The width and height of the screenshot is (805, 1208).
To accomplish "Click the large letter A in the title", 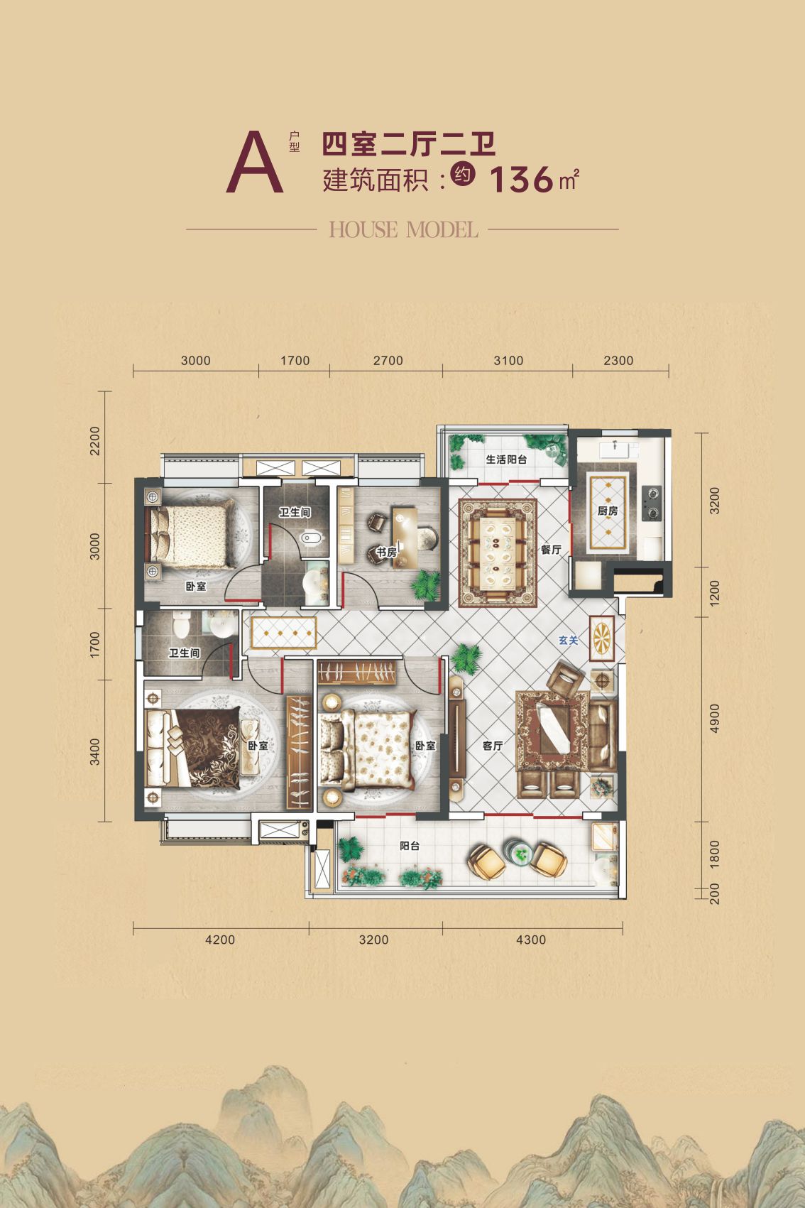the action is (255, 162).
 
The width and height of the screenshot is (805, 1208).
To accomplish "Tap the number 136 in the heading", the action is (521, 180).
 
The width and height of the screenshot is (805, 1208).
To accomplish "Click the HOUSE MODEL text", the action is (403, 229).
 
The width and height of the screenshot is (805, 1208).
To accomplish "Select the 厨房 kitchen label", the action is (608, 511).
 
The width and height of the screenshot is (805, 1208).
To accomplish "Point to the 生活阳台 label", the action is (506, 459).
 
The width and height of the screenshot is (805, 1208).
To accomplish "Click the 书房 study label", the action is (386, 553).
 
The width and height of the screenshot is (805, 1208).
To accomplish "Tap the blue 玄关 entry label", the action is (569, 640).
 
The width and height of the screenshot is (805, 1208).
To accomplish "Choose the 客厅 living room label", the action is (493, 745).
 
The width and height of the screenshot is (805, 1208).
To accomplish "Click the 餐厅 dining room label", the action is (551, 550).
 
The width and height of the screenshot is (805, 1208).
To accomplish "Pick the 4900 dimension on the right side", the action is (715, 718).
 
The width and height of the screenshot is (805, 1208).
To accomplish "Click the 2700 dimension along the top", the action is (388, 361).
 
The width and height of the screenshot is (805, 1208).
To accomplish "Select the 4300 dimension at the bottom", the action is (531, 940).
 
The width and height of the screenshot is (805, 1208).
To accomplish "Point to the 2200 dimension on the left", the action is (95, 440).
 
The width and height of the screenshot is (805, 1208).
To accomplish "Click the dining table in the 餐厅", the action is (498, 553).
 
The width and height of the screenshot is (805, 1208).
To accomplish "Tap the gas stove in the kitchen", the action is (652, 503).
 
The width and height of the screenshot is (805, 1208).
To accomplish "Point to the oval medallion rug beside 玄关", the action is (602, 638).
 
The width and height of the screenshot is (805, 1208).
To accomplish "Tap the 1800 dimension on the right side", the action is (715, 854).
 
